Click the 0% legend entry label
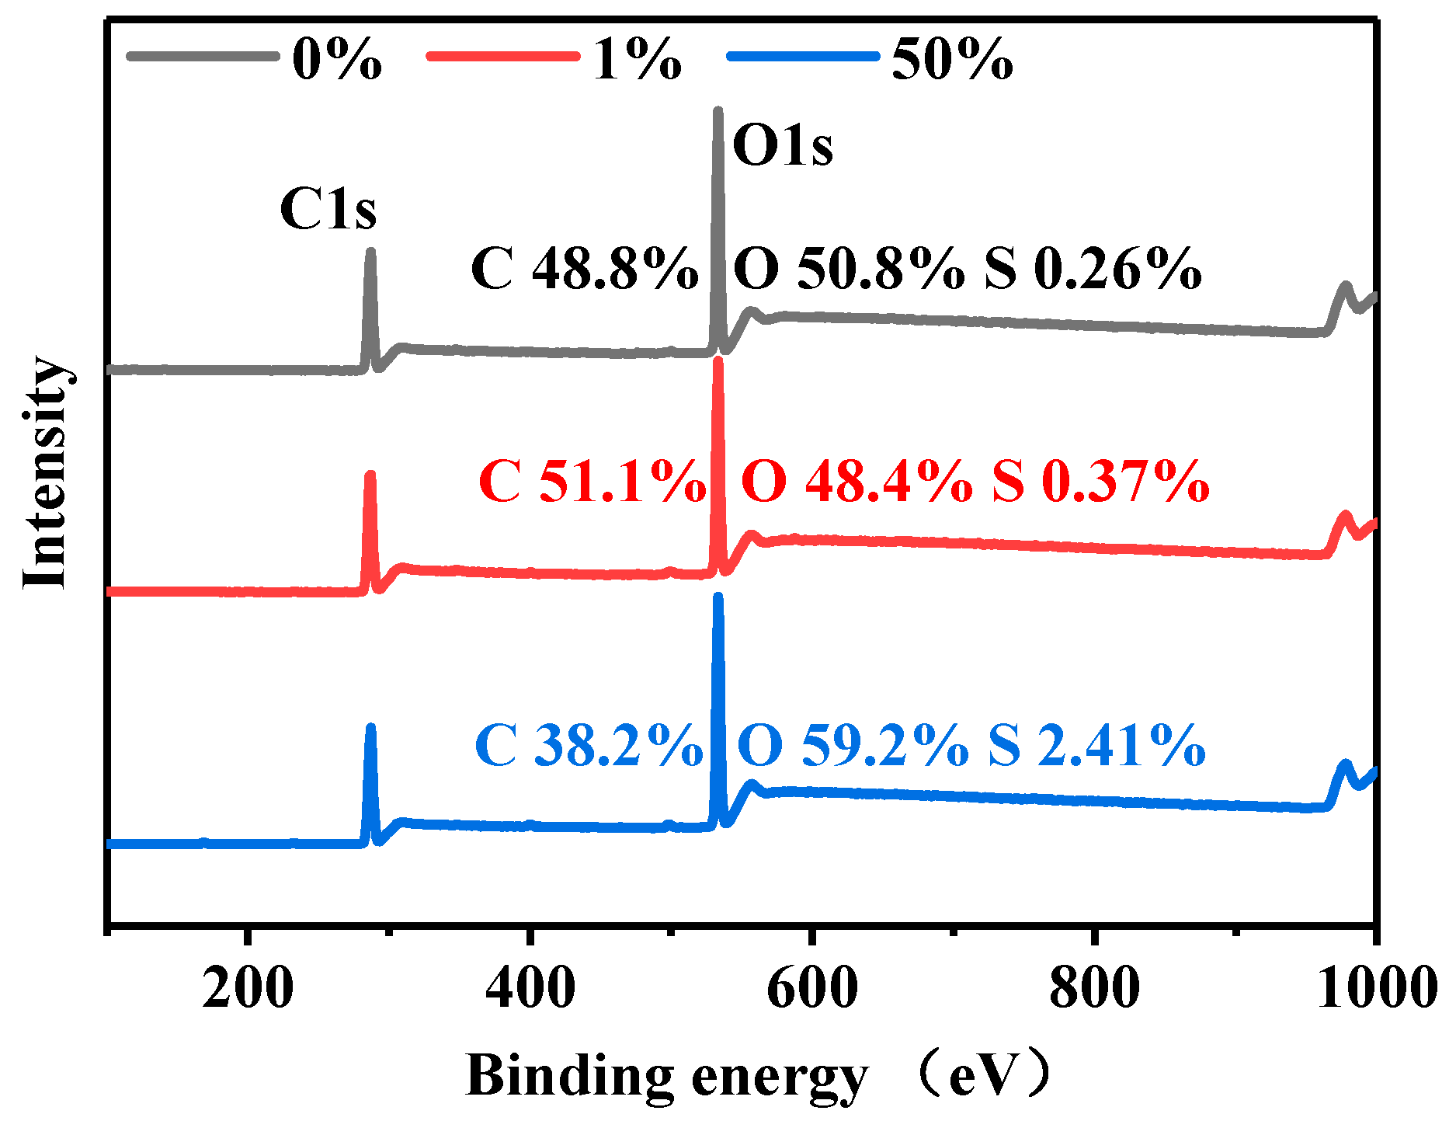click(336, 59)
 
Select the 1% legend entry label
click(637, 59)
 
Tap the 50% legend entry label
click(952, 59)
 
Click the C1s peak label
click(328, 209)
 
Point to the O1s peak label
click(782, 146)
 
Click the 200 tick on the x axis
click(248, 988)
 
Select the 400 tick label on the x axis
click(530, 988)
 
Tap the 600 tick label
click(811, 988)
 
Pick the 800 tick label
click(1093, 988)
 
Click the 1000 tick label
click(1374, 988)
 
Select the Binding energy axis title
click(666, 1077)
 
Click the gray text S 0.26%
click(1093, 270)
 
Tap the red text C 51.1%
click(592, 482)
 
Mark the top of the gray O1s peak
click(718, 112)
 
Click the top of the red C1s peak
click(370, 474)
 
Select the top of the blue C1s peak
click(370, 728)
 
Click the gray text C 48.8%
click(584, 270)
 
